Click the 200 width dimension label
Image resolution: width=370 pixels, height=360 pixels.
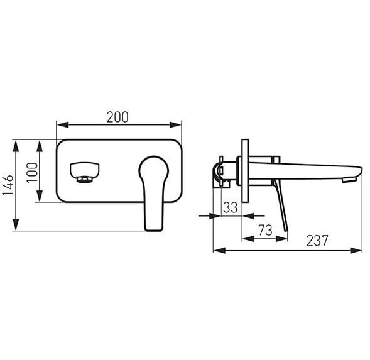click(117, 117)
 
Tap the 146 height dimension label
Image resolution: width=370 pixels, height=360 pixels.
click(8, 185)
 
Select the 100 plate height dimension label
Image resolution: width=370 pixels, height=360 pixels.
click(32, 173)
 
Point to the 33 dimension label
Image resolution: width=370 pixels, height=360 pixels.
click(231, 207)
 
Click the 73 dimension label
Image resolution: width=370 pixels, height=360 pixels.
click(265, 230)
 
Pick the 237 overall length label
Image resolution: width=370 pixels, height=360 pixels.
click(317, 241)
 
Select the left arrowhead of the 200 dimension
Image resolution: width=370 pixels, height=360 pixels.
click(62, 124)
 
